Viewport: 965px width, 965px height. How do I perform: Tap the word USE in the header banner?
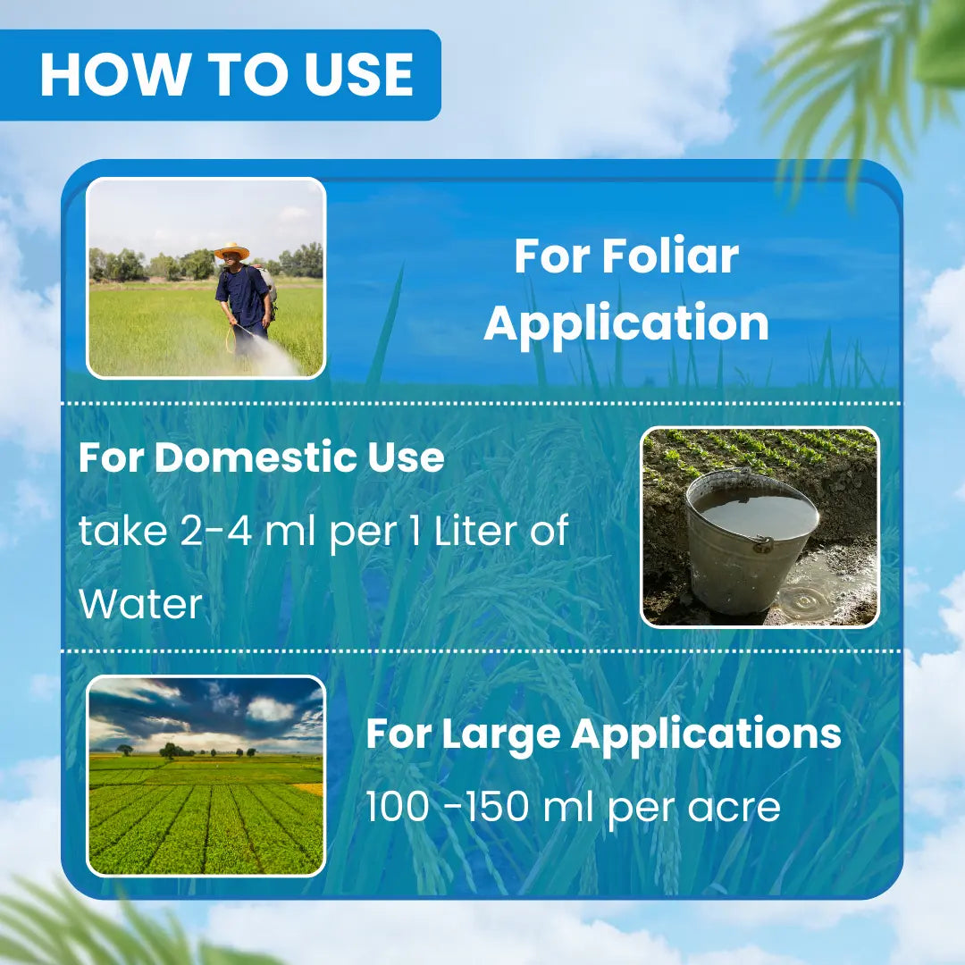(359, 74)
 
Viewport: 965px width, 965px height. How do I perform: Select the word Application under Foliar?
(626, 323)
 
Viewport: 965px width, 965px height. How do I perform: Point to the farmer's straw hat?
(232, 250)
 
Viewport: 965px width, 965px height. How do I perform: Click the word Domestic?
(254, 457)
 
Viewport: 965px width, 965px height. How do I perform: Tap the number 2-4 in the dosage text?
(216, 531)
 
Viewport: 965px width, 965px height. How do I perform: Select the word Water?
(141, 604)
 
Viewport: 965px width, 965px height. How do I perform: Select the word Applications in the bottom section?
(706, 734)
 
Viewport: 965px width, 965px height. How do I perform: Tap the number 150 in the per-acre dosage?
(497, 806)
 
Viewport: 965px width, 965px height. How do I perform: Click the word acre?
(734, 809)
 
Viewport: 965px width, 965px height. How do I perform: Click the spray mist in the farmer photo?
(271, 357)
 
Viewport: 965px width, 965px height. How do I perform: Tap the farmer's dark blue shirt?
(242, 296)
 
